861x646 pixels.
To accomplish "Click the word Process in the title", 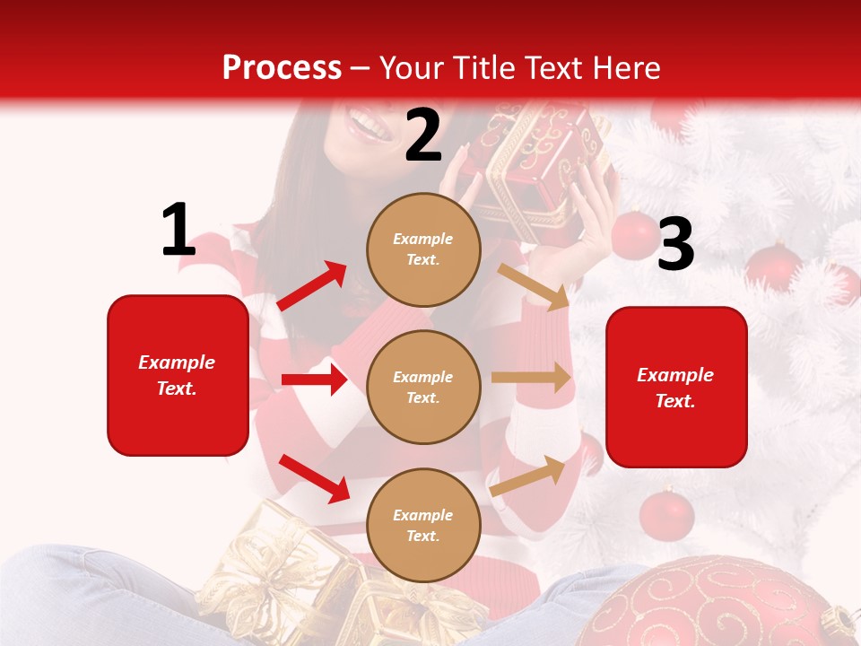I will click(282, 67).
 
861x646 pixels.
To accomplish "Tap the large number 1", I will click(178, 230).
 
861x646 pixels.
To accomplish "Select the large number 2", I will click(423, 135).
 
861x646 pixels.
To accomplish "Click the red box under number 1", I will click(178, 375).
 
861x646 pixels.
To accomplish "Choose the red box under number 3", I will click(676, 387).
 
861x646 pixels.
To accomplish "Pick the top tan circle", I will click(423, 249).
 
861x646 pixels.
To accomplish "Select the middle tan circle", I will click(423, 387).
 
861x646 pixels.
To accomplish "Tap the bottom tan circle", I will click(423, 525).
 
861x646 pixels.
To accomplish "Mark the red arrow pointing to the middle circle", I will click(314, 380).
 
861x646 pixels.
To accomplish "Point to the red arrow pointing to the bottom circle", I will click(314, 478).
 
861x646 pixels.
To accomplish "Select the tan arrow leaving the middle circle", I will click(531, 378).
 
